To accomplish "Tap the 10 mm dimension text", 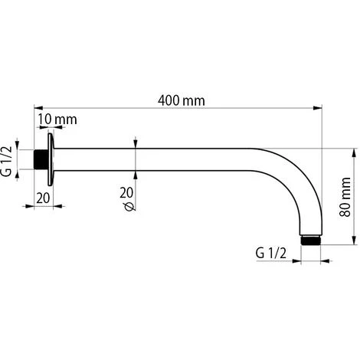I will pyautogui.click(x=57, y=120).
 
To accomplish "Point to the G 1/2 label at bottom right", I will pyautogui.click(x=270, y=253).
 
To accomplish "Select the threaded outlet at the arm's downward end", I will pyautogui.click(x=310, y=239).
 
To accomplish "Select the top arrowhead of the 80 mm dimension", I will pyautogui.click(x=352, y=152).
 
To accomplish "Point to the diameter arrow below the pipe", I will pyautogui.click(x=136, y=174).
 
